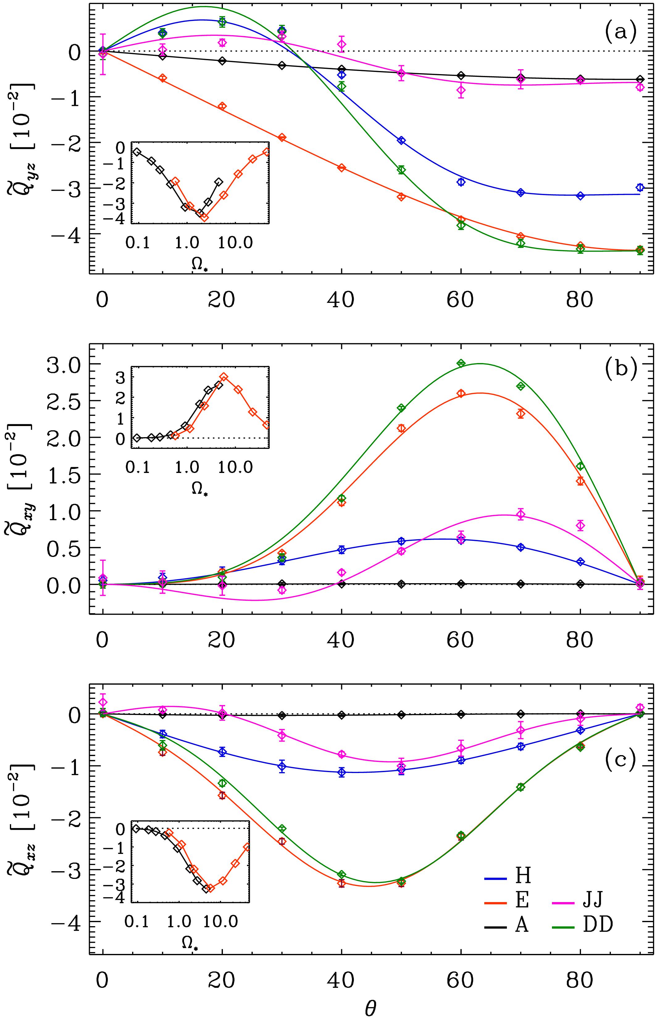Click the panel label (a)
pos(620,31)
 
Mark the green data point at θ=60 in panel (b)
pos(461,363)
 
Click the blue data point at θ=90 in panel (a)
pos(640,187)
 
